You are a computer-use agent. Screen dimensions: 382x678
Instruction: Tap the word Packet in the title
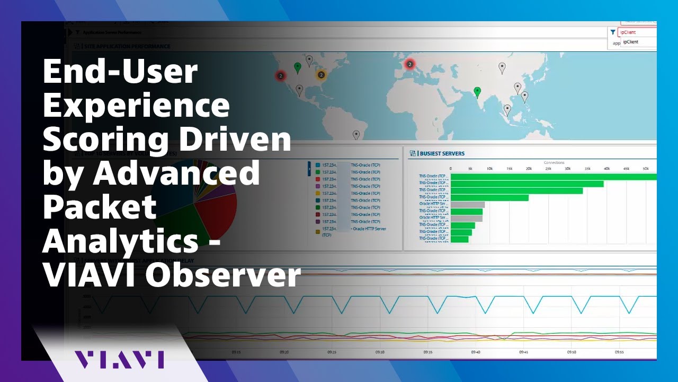pyautogui.click(x=100, y=207)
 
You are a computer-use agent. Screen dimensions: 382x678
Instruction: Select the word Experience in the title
pyautogui.click(x=136, y=106)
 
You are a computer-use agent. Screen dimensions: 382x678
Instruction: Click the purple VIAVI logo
pyautogui.click(x=119, y=359)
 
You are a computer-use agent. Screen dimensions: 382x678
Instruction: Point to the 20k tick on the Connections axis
pyautogui.click(x=529, y=169)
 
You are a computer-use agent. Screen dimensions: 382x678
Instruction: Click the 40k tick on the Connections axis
pyautogui.click(x=606, y=169)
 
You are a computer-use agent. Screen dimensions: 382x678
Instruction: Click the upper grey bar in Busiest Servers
pyautogui.click(x=467, y=204)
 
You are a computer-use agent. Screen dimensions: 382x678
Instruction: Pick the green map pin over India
pyautogui.click(x=477, y=92)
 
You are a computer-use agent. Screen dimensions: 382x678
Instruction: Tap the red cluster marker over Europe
pyautogui.click(x=409, y=64)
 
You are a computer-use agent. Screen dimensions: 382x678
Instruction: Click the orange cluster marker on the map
pyautogui.click(x=320, y=75)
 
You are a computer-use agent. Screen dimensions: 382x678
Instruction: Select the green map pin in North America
pyautogui.click(x=297, y=67)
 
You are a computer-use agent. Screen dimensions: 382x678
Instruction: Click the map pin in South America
pyautogui.click(x=356, y=134)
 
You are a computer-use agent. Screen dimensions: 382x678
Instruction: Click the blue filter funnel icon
pyautogui.click(x=613, y=32)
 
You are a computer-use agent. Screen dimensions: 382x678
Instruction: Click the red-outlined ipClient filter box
pyautogui.click(x=638, y=32)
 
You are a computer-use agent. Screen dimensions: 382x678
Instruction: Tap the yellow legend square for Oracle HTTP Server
pyautogui.click(x=317, y=231)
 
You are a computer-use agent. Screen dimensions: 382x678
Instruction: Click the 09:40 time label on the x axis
pyautogui.click(x=476, y=352)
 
